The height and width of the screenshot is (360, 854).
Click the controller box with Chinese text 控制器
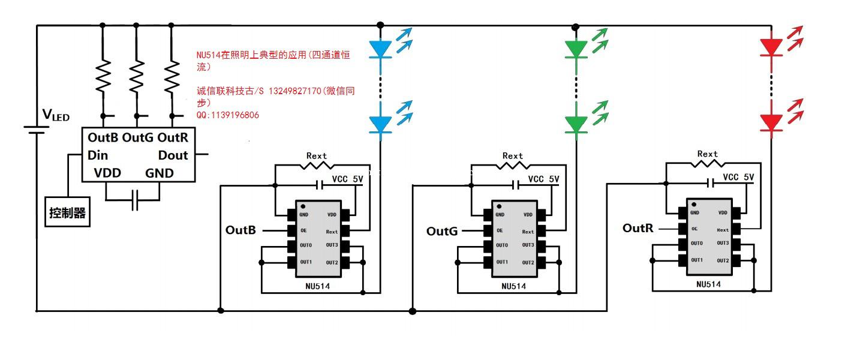tap(68, 212)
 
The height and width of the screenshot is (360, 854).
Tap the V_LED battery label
tap(56, 115)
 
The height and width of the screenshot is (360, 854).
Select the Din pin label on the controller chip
tap(98, 155)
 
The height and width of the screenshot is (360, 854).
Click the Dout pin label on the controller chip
tap(173, 155)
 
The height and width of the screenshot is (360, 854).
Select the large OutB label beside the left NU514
tap(240, 230)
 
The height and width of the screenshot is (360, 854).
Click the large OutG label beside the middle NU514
tap(442, 231)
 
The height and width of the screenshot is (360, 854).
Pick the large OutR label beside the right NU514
tap(638, 228)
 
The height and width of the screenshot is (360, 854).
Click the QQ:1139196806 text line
tap(228, 115)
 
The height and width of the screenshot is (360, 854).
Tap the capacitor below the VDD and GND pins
tap(134, 200)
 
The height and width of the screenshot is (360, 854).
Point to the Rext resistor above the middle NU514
tap(513, 166)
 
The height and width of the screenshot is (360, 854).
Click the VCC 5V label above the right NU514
tap(738, 177)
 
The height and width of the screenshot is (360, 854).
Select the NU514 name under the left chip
tap(318, 286)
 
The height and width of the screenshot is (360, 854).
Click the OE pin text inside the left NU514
tap(303, 230)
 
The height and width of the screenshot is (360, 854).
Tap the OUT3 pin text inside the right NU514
tap(723, 243)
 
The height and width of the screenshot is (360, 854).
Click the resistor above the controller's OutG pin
tap(137, 76)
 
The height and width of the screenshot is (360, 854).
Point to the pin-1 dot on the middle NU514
tap(499, 206)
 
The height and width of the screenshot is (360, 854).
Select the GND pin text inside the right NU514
tap(694, 212)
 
